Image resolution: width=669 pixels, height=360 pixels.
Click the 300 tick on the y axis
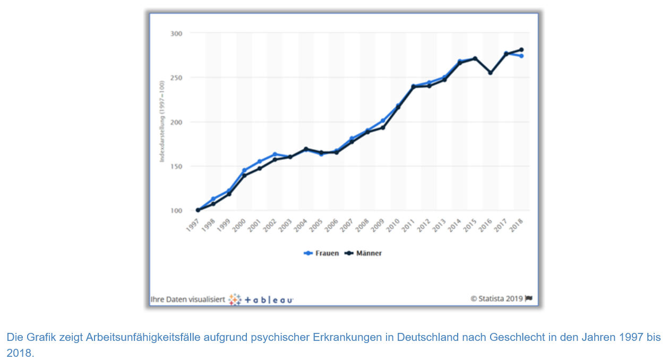pyautogui.click(x=176, y=33)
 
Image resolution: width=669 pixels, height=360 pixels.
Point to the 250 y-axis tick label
pyautogui.click(x=176, y=78)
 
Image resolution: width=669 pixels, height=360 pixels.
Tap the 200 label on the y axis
pyautogui.click(x=176, y=122)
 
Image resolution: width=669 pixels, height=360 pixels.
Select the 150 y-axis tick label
pyautogui.click(x=176, y=166)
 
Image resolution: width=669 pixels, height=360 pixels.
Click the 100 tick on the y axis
pyautogui.click(x=176, y=211)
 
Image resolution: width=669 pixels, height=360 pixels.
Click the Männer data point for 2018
pyautogui.click(x=521, y=49)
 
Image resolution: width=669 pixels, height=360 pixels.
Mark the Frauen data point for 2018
pyautogui.click(x=521, y=56)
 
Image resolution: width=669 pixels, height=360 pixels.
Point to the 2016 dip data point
pyautogui.click(x=491, y=73)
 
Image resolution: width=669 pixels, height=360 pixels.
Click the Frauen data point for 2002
pyautogui.click(x=275, y=155)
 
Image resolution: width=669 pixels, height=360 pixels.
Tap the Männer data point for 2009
pyautogui.click(x=382, y=127)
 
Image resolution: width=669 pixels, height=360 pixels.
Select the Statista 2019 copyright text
pyautogui.click(x=496, y=298)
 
